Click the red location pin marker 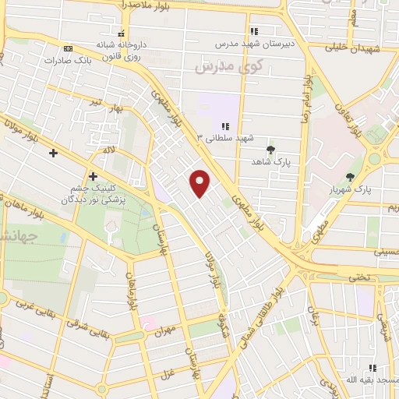pos(201,182)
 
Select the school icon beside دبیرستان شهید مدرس pos(253,32)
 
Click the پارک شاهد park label pos(270,161)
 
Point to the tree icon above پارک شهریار pos(350,177)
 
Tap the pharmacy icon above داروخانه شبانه pos(122,33)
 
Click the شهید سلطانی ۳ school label pos(225,138)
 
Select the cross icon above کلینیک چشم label pos(94,176)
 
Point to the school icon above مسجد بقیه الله pos(373,366)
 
